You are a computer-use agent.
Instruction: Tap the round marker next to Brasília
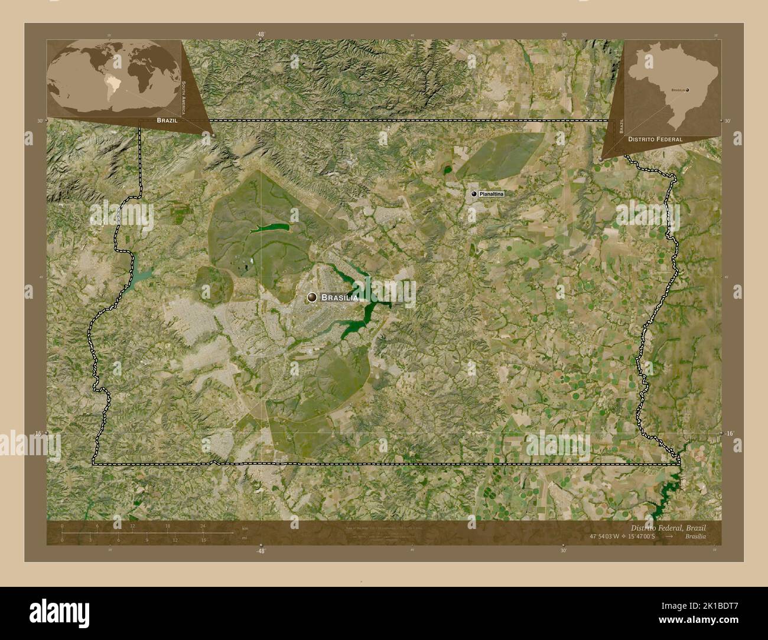(312, 298)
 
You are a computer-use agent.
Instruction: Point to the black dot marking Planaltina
(474, 194)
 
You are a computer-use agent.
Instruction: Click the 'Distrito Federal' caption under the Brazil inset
(655, 139)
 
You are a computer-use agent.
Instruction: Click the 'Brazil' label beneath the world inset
(167, 120)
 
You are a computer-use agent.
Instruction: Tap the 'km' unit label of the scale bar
(245, 528)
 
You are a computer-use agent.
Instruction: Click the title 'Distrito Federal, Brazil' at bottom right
(668, 527)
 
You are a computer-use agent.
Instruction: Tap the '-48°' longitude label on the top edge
(261, 35)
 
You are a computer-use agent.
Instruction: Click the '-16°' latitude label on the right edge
(730, 433)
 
